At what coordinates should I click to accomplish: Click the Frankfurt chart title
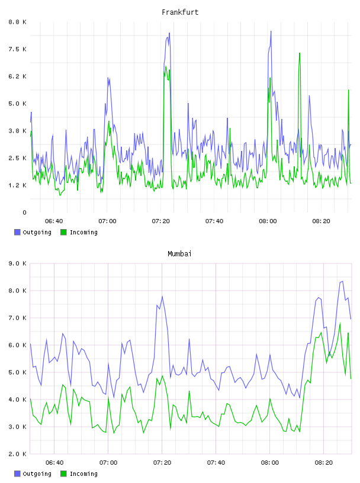point(180,12)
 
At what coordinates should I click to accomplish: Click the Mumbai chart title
point(179,254)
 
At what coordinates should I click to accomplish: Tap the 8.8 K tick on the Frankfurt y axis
point(17,22)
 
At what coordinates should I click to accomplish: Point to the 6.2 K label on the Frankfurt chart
point(17,76)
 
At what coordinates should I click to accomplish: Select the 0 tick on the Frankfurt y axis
point(24,212)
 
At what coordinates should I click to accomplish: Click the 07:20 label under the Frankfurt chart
point(160,221)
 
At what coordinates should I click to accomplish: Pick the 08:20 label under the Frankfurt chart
point(321,221)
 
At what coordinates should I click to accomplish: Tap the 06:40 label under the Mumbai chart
point(54,463)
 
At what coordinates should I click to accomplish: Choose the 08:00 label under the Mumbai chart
point(269,463)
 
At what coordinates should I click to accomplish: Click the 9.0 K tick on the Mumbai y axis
point(17,263)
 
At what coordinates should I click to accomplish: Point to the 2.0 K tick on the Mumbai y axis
point(17,454)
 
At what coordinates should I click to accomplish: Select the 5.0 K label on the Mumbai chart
point(17,372)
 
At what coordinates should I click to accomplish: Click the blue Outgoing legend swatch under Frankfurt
point(17,232)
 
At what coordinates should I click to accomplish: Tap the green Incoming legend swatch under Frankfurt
point(63,232)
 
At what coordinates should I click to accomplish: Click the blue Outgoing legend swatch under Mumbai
point(17,474)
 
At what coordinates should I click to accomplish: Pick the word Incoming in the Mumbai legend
point(83,474)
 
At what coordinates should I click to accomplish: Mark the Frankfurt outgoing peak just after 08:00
point(271,31)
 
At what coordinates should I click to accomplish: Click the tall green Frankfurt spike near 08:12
point(299,54)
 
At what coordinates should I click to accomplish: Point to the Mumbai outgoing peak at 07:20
point(162,297)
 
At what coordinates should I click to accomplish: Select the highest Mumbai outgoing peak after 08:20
point(342,281)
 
